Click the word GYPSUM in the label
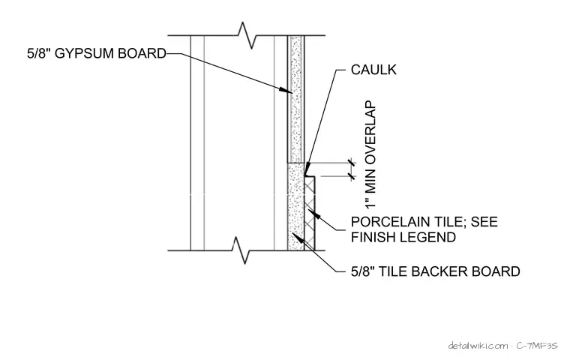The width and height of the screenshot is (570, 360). coord(85,53)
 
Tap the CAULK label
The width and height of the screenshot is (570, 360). coord(373,70)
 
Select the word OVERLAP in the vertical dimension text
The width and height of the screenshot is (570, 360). coord(370,128)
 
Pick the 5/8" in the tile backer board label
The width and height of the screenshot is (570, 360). coord(363,271)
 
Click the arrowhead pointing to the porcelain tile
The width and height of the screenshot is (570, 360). coord(313,214)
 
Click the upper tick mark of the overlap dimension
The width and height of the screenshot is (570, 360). coord(351,162)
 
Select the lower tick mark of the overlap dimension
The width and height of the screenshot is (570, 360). coord(351,176)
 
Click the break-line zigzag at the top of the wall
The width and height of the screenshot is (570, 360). coord(247,35)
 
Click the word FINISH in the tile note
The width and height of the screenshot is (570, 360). coord(374,237)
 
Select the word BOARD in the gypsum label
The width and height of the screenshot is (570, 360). coord(142,53)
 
